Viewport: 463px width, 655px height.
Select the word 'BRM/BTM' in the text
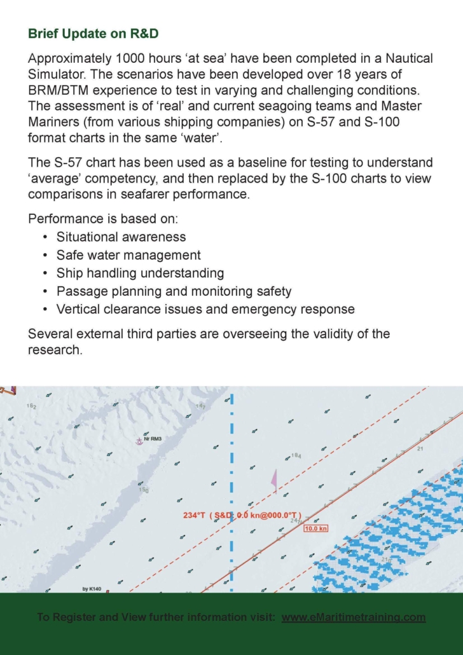pyautogui.click(x=58, y=90)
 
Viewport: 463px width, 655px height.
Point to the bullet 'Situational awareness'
pyautogui.click(x=121, y=237)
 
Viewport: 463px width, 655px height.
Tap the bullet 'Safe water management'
pyautogui.click(x=128, y=255)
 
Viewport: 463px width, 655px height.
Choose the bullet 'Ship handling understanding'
pyautogui.click(x=140, y=273)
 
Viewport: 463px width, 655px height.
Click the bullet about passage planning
pyautogui.click(x=174, y=291)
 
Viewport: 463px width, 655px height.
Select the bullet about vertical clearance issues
pyautogui.click(x=205, y=310)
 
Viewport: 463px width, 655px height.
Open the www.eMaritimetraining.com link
pyautogui.click(x=353, y=617)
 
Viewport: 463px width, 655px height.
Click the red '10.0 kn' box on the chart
pyautogui.click(x=315, y=528)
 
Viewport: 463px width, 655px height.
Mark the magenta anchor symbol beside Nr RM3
pyautogui.click(x=139, y=441)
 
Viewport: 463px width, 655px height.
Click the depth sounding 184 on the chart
pyautogui.click(x=296, y=456)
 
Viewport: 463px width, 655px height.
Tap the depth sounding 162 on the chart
pyautogui.click(x=31, y=406)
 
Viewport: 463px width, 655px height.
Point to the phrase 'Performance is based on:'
pyautogui.click(x=104, y=219)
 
